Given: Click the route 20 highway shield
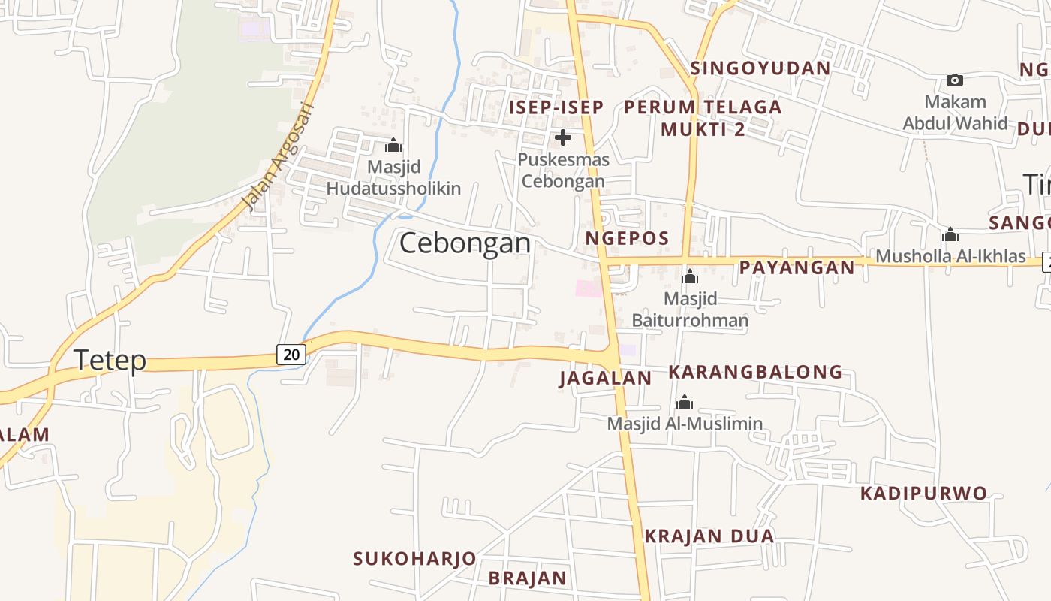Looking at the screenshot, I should coord(291,354).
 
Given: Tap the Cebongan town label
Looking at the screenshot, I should coord(465,243).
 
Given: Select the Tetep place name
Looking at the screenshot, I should coord(110,361).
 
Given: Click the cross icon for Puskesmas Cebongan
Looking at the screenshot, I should coord(562,137).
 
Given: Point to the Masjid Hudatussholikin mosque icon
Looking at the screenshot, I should coord(393,145).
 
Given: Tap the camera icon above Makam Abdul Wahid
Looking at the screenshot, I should coord(954,80).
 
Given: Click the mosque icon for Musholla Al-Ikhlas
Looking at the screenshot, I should coord(950,234).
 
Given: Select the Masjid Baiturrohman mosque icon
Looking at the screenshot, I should coord(690,276).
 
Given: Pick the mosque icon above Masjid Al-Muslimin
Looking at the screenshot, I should coord(684,402).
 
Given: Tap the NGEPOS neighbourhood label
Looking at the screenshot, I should coord(627,239).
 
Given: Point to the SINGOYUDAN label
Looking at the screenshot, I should coord(760,68).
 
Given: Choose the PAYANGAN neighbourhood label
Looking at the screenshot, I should coord(797,267).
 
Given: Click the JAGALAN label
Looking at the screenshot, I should coord(605,378).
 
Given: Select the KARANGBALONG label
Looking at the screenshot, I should coord(755,372).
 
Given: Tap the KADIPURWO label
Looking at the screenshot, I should coord(923,494).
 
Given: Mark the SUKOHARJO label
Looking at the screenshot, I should coord(414,559).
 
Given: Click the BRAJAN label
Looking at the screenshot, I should coord(527,578).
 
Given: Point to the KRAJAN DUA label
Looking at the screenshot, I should coord(709,536).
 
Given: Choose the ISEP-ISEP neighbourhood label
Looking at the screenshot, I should coord(556,107).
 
